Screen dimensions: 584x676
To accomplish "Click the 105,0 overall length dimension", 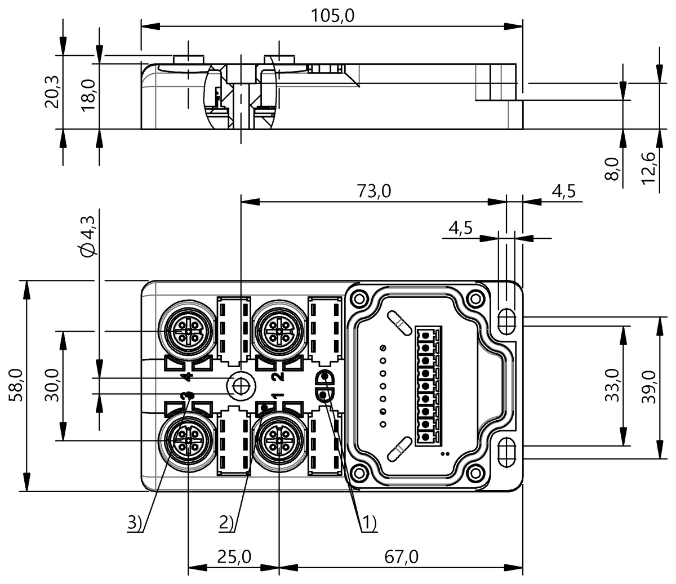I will pos(333,16).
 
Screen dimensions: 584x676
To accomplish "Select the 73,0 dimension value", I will pos(373,191).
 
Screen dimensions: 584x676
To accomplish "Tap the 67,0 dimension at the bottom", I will pos(401,557).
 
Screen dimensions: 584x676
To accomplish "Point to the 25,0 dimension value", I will pos(234,557).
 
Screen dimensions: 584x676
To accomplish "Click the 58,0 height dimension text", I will pos(16,385).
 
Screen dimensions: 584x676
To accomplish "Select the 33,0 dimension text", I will pos(612,385).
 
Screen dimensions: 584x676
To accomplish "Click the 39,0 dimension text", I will pos(648,385).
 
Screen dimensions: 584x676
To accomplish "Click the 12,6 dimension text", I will pos(648,167).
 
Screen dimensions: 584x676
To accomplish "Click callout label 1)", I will pos(368,523).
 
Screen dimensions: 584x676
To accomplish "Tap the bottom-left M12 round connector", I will pos(186,439).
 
